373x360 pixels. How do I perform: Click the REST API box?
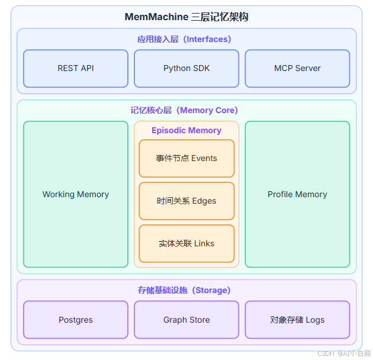pos(76,68)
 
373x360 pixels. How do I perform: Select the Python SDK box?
pos(186,68)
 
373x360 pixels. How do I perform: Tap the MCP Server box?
pos(297,68)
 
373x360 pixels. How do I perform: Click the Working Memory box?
pos(76,194)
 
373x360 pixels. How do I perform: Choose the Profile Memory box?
pos(297,194)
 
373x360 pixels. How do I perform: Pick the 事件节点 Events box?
pos(186,158)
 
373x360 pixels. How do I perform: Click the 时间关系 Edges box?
pos(186,201)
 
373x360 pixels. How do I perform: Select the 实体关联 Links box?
pos(186,243)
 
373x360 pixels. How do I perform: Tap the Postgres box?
pos(76,320)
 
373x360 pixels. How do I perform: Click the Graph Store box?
pos(186,320)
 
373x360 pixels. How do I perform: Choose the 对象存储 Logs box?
pos(297,320)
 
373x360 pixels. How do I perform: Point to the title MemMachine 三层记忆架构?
pos(186,17)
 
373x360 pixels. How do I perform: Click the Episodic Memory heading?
pos(186,130)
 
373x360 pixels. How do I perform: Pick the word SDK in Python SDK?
pos(201,68)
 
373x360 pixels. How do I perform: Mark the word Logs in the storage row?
pos(315,320)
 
